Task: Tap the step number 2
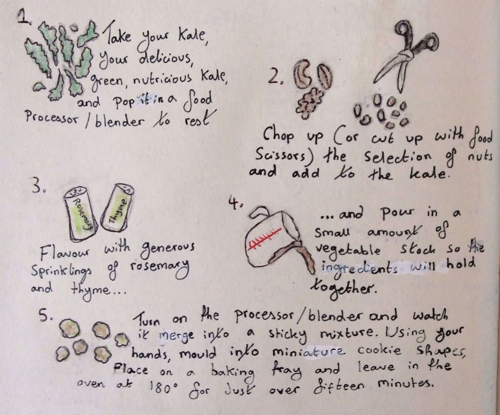point(275,76)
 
